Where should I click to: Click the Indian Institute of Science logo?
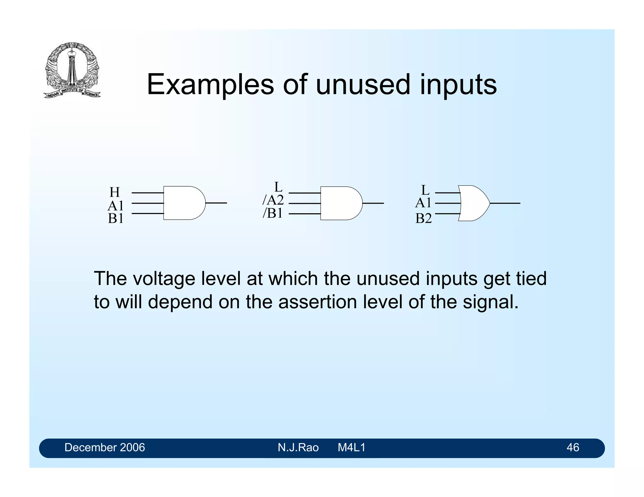[72, 70]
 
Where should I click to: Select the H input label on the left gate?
[114, 192]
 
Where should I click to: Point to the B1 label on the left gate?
[115, 218]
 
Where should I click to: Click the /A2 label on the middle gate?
[273, 200]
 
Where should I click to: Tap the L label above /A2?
[278, 187]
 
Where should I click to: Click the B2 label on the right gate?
[423, 218]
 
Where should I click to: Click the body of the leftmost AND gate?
[182, 203]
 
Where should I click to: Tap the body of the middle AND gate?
[340, 203]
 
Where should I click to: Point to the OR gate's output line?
[505, 203]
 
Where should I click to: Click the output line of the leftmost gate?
[216, 203]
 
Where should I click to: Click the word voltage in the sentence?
[164, 279]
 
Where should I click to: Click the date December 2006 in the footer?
[104, 447]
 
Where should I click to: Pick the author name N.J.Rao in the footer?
[298, 447]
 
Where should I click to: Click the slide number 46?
[572, 447]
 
